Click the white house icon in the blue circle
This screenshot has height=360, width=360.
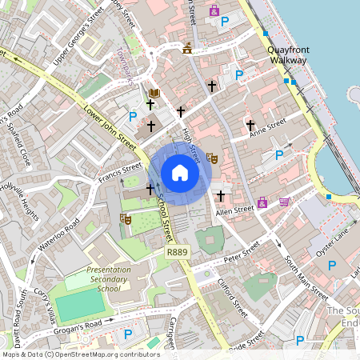[x=180, y=172]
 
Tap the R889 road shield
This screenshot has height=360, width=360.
[x=177, y=253]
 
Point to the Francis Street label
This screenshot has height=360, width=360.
[x=121, y=174]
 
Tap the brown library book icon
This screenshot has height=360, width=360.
[x=154, y=94]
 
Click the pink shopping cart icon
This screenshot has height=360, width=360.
[x=284, y=202]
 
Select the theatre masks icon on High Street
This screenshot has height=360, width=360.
[x=211, y=158]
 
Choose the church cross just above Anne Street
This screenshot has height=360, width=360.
[x=250, y=126]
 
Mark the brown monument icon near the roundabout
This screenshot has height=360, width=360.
[x=187, y=48]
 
